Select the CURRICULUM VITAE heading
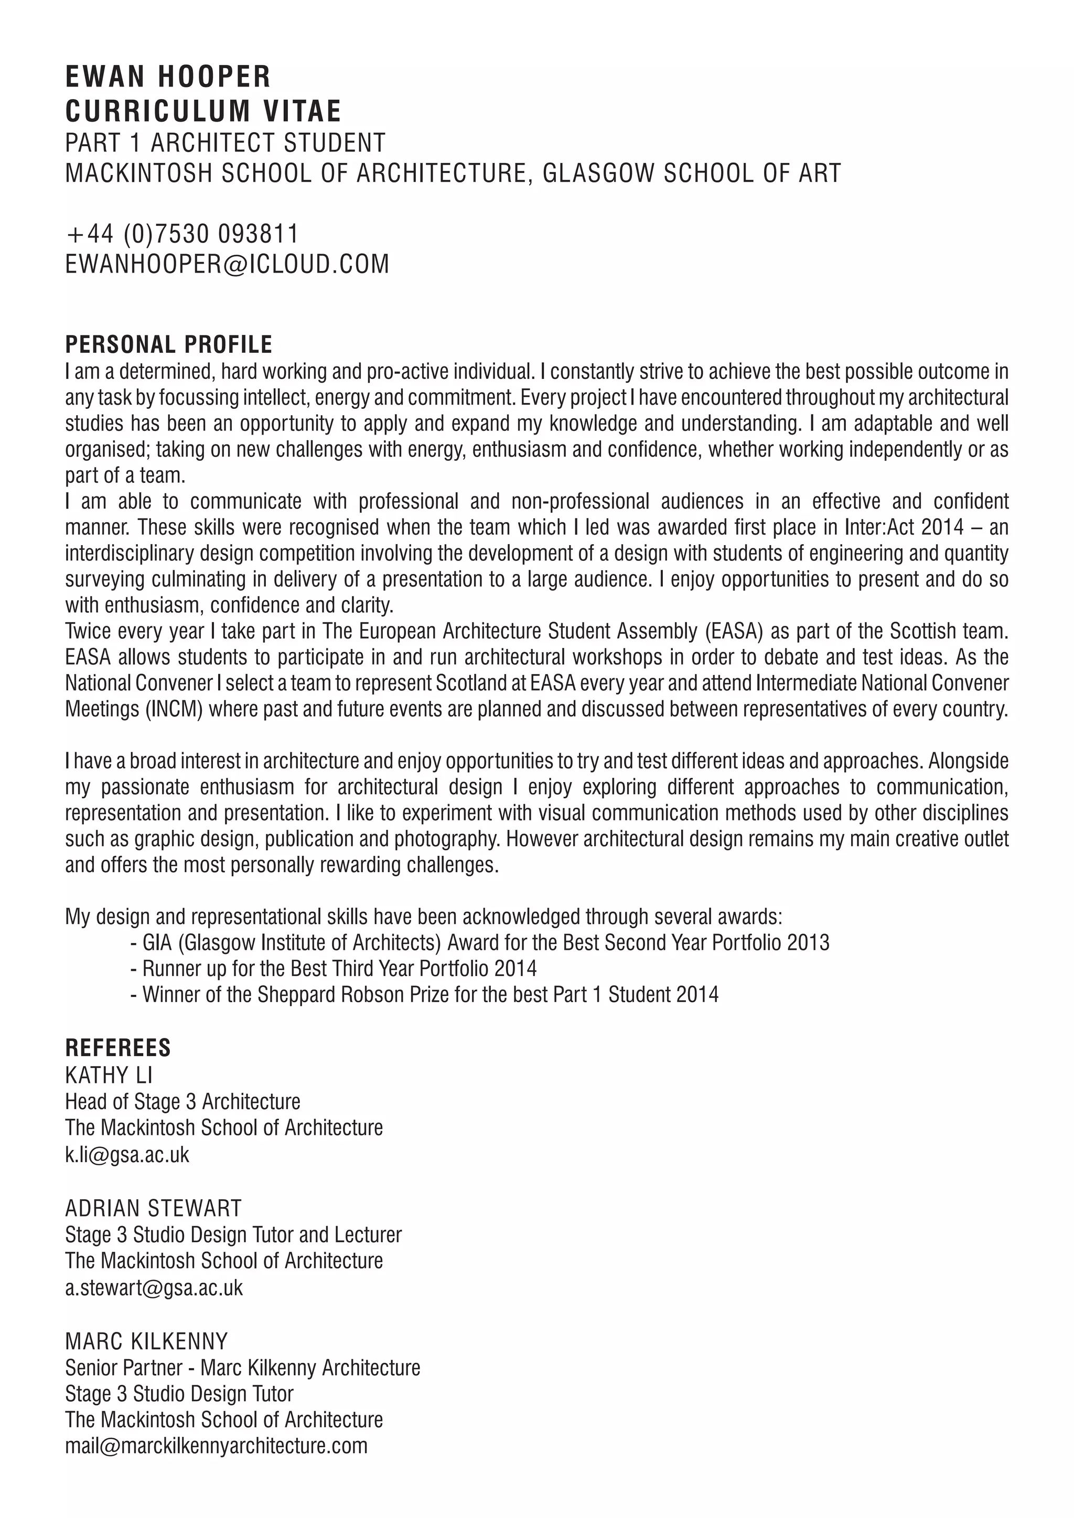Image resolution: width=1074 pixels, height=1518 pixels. coord(203,111)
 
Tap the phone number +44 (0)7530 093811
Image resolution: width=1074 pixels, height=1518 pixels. coord(182,233)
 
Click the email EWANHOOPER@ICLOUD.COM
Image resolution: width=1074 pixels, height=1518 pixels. coord(227,264)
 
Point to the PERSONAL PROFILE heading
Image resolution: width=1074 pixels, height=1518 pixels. coord(169,344)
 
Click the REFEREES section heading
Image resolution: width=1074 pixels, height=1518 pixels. coord(117,1048)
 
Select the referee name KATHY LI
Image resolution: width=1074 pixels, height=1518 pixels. coord(109,1076)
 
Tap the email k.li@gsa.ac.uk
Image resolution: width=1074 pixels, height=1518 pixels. coord(127,1154)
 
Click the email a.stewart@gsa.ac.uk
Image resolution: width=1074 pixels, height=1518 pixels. coord(154,1287)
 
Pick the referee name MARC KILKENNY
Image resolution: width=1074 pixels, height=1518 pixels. coord(146,1341)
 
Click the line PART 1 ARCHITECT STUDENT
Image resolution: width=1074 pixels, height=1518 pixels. coord(225,143)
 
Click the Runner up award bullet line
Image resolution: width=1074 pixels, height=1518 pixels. coord(334,969)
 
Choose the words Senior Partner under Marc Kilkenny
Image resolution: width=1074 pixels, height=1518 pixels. coord(124,1367)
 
